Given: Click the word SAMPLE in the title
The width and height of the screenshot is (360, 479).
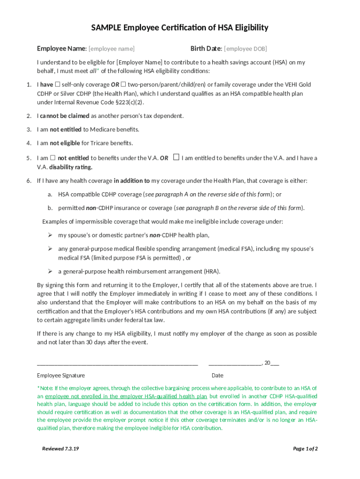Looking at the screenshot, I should [x=106, y=28].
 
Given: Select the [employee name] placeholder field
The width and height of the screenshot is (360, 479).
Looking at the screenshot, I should [x=112, y=49].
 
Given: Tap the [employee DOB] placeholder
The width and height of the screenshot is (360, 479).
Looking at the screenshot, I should [x=245, y=49].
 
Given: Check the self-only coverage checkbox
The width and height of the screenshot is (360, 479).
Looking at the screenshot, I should [x=58, y=85].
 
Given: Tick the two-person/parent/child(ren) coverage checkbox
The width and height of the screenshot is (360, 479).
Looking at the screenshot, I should [x=123, y=85].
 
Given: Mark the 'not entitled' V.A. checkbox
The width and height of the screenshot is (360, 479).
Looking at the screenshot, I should [x=53, y=158].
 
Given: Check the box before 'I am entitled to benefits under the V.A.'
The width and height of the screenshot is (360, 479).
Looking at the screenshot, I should [x=176, y=157].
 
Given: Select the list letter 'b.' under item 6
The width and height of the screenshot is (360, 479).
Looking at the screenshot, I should [x=50, y=208].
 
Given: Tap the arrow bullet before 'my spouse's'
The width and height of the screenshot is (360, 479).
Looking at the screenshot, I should [x=50, y=235].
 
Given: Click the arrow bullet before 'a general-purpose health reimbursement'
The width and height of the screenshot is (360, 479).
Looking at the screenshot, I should [x=50, y=271].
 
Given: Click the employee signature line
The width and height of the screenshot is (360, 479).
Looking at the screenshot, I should [x=117, y=363].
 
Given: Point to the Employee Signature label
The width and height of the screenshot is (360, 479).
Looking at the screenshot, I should [x=61, y=375].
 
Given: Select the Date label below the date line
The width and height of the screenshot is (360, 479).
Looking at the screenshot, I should [x=217, y=375].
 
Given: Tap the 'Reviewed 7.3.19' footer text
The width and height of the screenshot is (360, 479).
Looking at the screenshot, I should [x=60, y=449].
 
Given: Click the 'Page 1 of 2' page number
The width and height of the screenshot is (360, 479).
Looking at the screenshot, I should [x=305, y=449].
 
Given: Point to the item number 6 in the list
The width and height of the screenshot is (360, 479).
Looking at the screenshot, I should [x=29, y=181].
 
